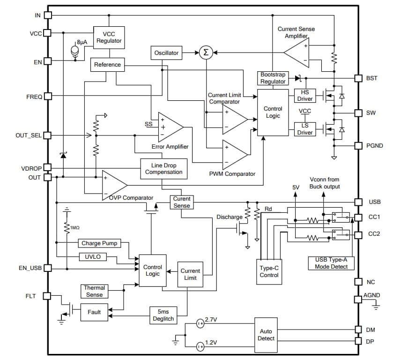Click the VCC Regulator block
pos(109,37)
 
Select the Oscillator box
pos(166,53)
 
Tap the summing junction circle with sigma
pos(205,53)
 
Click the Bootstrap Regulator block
pos(273,78)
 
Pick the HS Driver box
pos(305,95)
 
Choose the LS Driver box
pos(305,129)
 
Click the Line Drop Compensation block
pos(163,169)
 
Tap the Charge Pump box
pos(99,243)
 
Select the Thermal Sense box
pos(94,291)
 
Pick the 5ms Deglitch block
pos(163,315)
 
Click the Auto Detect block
pos(266,335)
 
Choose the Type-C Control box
pos(269,271)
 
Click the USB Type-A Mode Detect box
pos(331,263)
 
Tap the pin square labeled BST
pos(358,78)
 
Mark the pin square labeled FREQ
pos(48,97)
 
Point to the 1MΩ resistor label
pos(75,227)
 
